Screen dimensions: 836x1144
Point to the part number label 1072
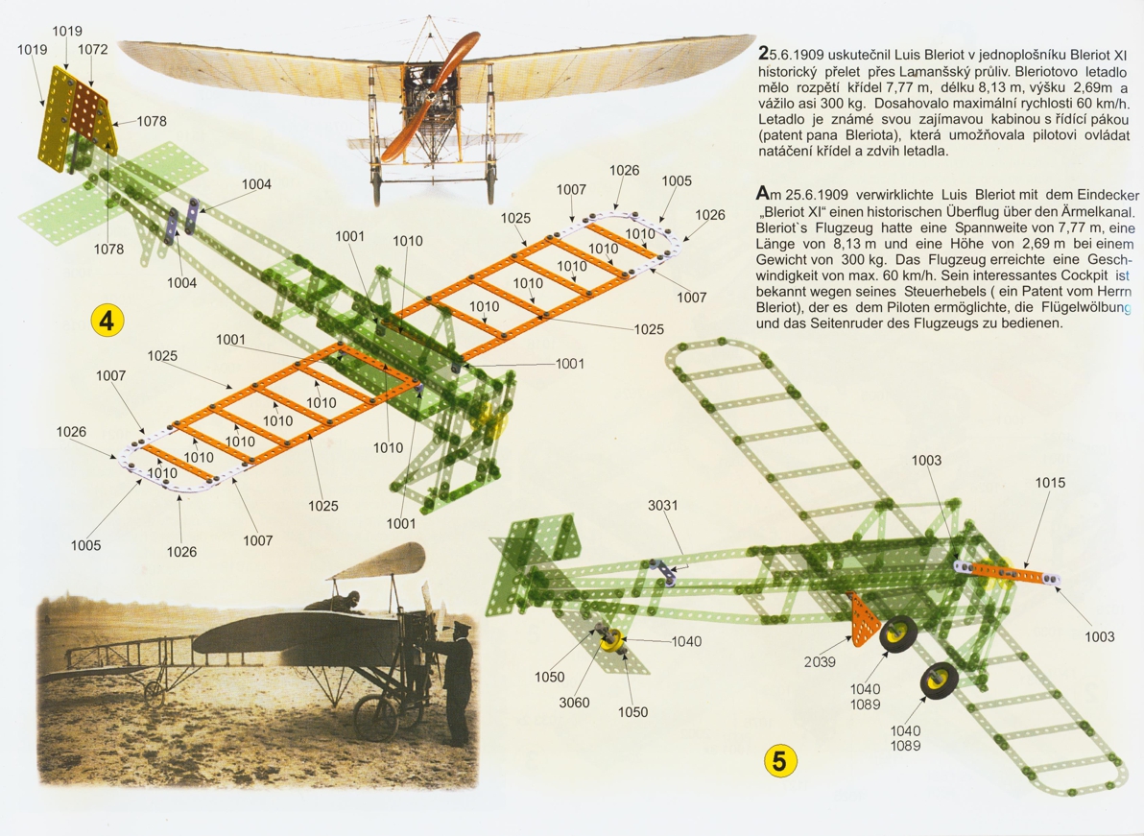tap(93, 49)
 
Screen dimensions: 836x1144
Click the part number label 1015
tap(1050, 484)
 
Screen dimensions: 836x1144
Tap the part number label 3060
tap(576, 703)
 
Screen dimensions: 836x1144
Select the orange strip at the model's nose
tap(1017, 574)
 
